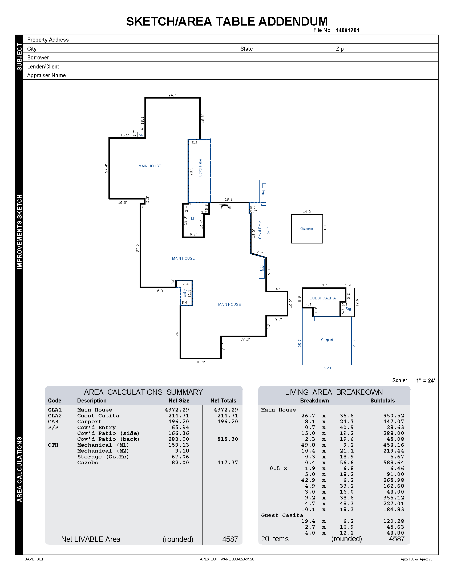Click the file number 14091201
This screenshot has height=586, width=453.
point(347,30)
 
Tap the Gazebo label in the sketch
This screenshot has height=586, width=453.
point(306,229)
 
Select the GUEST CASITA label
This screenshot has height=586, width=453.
point(322,298)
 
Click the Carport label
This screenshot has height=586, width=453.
point(327,340)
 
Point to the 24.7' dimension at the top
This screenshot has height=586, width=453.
point(173,95)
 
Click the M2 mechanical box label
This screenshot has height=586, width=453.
point(141,135)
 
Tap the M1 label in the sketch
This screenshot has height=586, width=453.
point(193,219)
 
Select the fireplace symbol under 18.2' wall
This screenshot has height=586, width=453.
point(225,206)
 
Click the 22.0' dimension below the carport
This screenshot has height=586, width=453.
point(329,368)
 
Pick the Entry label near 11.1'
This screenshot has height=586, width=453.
point(185,293)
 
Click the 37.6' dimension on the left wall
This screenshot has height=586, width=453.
point(137,248)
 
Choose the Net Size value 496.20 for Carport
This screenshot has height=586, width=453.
point(179,422)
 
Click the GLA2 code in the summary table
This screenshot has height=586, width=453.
point(55,416)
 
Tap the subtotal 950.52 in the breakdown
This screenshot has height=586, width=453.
point(393,416)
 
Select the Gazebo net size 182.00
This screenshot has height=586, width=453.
point(179,463)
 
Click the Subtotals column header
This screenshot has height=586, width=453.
point(382,401)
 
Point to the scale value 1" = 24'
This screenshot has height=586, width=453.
point(425,380)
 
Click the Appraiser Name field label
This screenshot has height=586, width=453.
point(46,75)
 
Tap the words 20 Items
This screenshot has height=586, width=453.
point(275,539)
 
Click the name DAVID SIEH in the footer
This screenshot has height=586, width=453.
point(34,559)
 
